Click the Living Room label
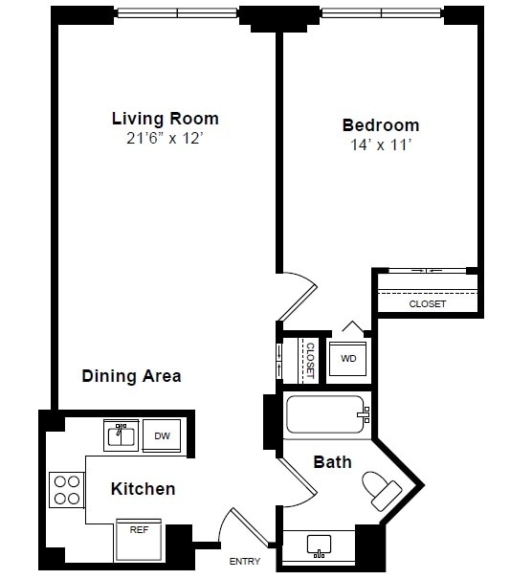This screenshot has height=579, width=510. pos(165,119)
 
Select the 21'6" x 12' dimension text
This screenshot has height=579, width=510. pos(165,139)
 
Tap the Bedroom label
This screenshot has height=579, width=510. pos(380,125)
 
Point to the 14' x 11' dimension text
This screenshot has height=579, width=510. pos(380,145)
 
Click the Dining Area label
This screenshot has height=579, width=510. pos(131,376)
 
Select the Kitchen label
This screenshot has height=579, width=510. pos(143,489)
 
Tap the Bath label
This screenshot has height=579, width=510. pos(332,462)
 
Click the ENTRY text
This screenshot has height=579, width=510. pos(244,561)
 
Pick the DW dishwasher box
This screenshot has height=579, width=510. pos(163,436)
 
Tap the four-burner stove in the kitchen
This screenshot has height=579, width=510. pos(67,489)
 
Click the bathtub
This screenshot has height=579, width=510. pos(325,416)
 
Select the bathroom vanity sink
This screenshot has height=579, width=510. pos(319,546)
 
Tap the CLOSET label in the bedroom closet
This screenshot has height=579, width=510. pos(427,303)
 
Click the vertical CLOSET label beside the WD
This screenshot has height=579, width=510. pos(310,360)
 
